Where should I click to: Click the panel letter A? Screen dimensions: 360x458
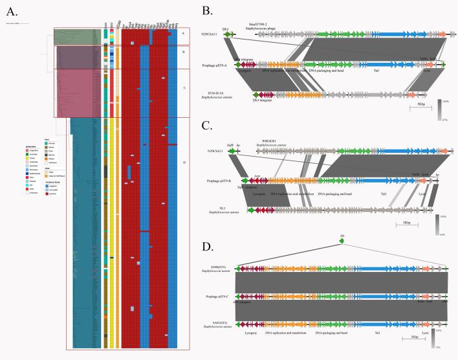coord(12,9)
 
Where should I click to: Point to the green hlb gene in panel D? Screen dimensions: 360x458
coord(342,242)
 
